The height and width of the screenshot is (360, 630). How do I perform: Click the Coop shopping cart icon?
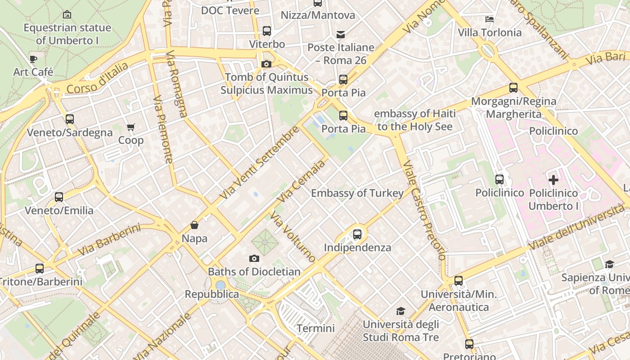(x=131, y=127)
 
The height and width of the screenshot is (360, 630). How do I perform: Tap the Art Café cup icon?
(x=33, y=59)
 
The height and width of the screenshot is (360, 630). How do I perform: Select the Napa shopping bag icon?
(x=194, y=225)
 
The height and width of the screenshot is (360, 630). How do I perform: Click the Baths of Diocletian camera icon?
(x=254, y=258)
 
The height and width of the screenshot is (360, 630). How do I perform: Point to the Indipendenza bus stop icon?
(x=357, y=234)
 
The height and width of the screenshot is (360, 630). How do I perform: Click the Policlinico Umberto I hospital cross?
(x=553, y=180)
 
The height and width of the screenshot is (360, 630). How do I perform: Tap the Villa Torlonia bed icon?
(x=490, y=19)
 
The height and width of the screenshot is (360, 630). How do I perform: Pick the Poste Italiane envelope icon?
(x=341, y=35)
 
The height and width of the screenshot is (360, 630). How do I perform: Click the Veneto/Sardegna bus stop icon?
(x=70, y=119)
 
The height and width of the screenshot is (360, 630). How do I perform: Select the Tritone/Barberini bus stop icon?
(x=40, y=269)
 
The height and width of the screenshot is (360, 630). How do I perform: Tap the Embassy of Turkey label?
(x=357, y=193)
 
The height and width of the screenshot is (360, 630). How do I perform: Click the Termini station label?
(x=315, y=328)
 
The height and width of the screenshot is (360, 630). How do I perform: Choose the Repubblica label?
(x=212, y=294)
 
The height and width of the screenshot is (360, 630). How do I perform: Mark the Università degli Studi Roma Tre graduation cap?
(x=400, y=311)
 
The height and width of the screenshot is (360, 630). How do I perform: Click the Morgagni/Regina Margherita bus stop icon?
(x=513, y=88)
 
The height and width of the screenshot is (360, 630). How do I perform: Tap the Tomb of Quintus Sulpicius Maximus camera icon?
(x=266, y=64)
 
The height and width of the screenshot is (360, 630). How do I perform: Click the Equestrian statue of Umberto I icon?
(x=67, y=15)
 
